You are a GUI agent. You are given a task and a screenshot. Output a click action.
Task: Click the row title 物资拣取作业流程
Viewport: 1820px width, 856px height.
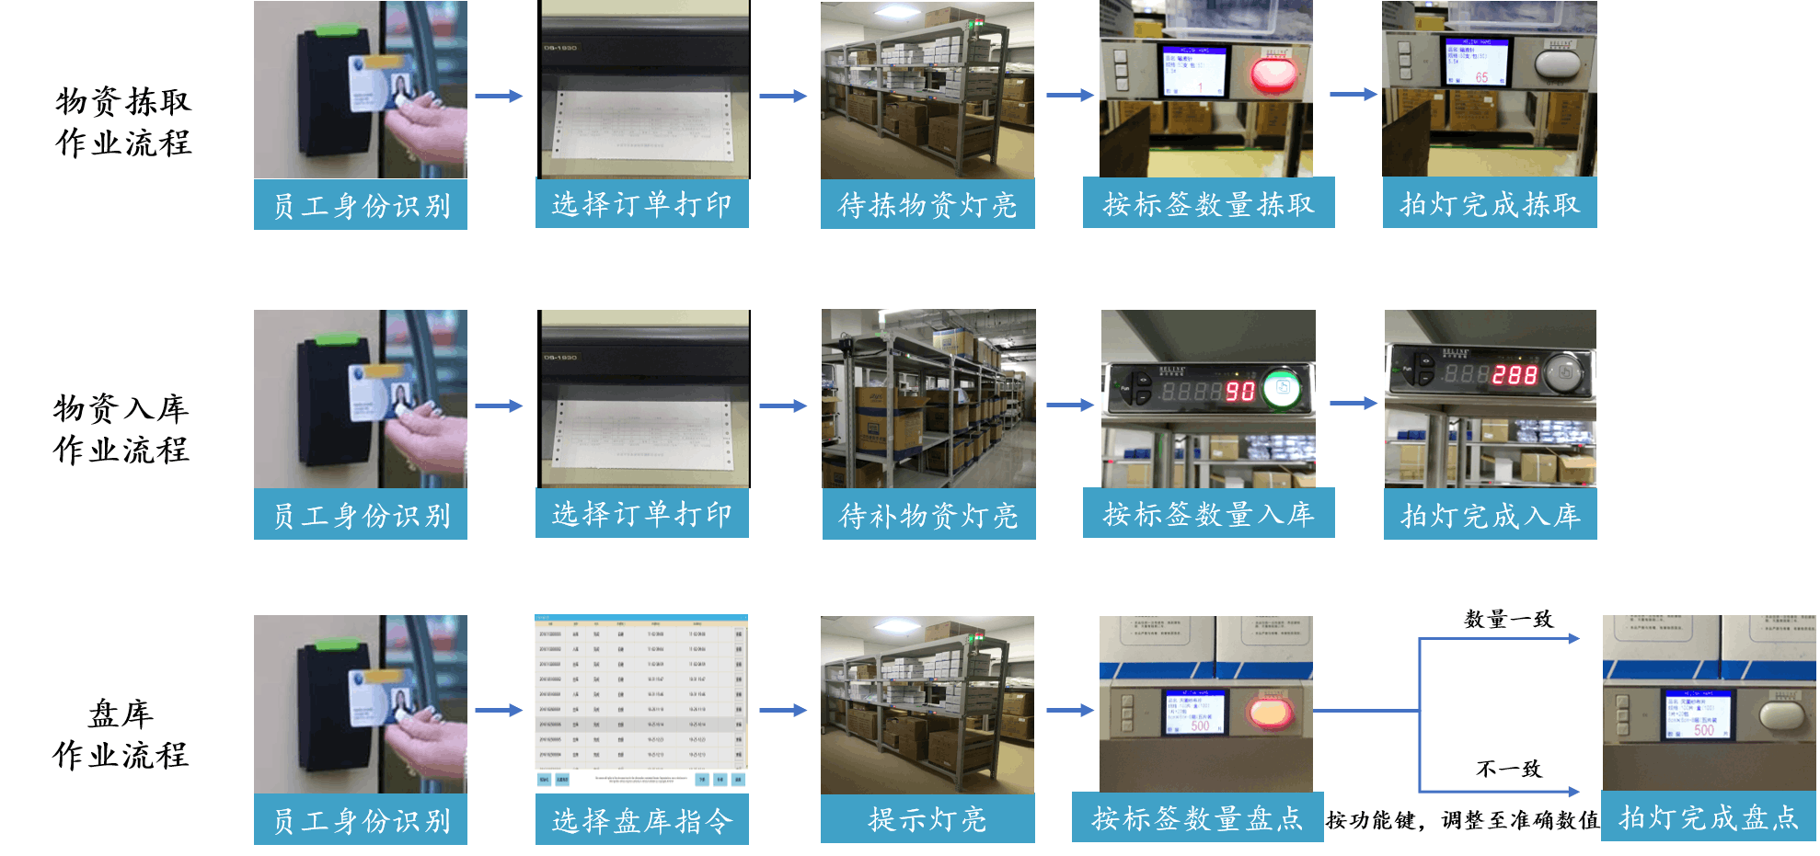123,122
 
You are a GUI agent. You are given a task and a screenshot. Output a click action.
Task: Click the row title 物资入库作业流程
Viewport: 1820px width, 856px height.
121,429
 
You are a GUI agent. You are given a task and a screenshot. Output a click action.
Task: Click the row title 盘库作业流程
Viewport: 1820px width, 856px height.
121,735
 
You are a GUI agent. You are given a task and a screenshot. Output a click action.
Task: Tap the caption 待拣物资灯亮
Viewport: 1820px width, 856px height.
927,205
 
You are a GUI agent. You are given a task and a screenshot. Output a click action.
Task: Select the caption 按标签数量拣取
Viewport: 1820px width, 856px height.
1208,204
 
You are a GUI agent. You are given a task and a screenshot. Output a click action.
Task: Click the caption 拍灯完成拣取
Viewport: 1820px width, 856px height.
1490,204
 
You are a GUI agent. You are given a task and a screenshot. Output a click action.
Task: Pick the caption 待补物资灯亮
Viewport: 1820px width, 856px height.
928,516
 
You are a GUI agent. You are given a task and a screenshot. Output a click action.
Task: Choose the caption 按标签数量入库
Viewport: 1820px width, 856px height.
1208,514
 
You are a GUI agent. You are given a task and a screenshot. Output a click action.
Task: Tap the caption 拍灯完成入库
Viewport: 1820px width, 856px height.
1491,516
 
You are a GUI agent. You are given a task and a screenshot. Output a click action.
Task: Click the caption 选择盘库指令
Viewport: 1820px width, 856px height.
642,820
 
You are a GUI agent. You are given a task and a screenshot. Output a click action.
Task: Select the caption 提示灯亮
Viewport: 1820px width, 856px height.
927,819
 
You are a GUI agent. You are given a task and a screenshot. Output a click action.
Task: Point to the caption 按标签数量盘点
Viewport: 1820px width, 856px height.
1197,817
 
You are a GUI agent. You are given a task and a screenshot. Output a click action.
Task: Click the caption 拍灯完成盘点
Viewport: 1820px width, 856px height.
1709,817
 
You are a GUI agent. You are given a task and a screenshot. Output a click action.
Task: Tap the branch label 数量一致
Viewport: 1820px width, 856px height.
1508,619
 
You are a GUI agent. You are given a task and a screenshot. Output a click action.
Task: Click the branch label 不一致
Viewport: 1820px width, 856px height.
1509,769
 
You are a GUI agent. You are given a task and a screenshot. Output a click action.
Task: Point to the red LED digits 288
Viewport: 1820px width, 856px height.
1515,375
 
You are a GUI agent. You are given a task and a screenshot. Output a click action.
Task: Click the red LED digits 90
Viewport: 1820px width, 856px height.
1240,392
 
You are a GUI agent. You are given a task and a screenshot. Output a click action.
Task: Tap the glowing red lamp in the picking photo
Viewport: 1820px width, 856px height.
1273,74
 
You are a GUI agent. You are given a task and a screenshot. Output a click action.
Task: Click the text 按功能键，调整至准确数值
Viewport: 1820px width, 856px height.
1462,820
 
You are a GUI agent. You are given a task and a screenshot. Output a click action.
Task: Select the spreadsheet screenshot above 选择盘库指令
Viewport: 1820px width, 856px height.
641,702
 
